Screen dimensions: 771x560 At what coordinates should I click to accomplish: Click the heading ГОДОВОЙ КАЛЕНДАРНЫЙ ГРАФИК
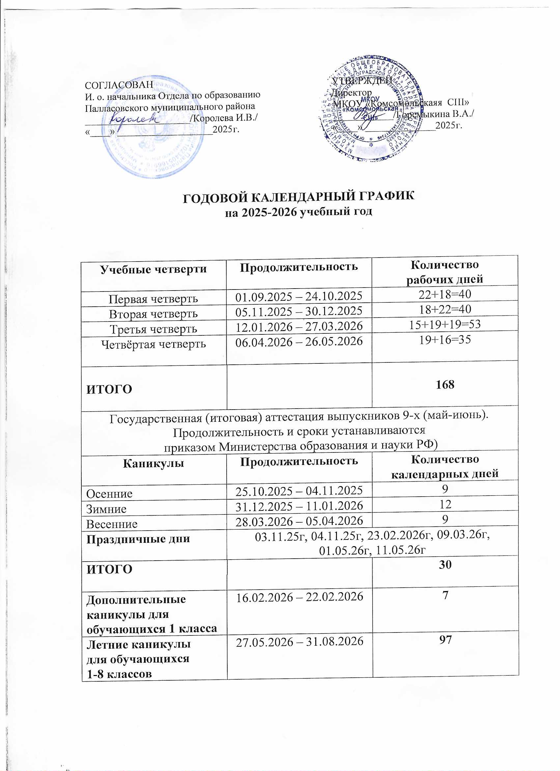tap(298, 198)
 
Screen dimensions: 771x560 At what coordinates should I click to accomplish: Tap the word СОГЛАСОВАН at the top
tap(119, 85)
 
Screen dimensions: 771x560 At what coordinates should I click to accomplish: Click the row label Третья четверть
tap(153, 329)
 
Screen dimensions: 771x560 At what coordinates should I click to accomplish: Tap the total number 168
tap(445, 385)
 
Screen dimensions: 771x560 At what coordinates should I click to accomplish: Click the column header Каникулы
tap(153, 463)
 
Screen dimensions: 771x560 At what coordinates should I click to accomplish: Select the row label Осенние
tap(109, 494)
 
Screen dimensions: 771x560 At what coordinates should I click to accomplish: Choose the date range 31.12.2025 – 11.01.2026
tap(299, 506)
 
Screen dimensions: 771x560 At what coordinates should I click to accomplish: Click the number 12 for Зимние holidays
tap(445, 504)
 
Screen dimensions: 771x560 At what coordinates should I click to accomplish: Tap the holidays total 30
tap(445, 565)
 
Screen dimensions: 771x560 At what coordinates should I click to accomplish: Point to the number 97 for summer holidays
tap(445, 640)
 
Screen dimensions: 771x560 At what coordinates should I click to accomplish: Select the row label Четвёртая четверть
tap(154, 344)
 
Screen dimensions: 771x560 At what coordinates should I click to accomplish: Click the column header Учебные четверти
tap(153, 269)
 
